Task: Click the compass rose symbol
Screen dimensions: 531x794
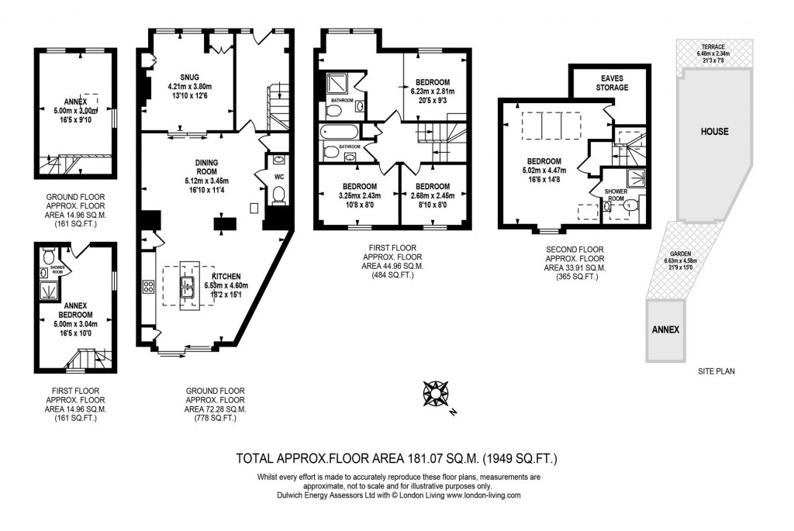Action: point(436,394)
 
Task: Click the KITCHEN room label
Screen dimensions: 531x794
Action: point(226,277)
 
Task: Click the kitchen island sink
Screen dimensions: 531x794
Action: point(188,287)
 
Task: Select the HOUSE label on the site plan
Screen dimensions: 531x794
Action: point(714,131)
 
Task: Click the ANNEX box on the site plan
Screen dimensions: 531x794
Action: point(666,329)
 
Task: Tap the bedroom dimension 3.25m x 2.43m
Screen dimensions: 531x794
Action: point(356,196)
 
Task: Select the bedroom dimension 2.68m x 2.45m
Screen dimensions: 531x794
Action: point(432,196)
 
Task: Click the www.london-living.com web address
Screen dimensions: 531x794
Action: point(481,495)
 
